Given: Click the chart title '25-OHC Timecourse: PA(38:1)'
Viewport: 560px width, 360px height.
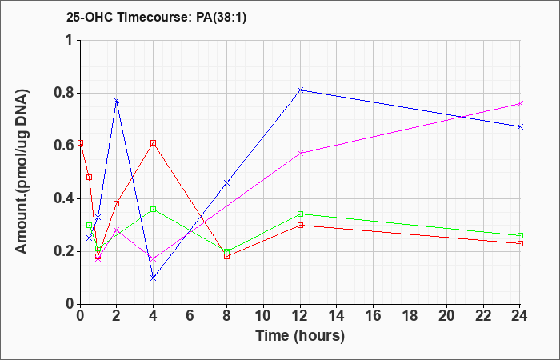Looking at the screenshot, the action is pyautogui.click(x=157, y=18).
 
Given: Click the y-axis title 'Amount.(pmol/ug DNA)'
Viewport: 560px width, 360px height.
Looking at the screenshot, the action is pyautogui.click(x=22, y=172).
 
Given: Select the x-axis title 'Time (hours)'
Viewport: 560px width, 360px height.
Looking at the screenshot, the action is pyautogui.click(x=300, y=336).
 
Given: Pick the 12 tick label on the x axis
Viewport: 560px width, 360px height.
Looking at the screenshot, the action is pyautogui.click(x=300, y=315).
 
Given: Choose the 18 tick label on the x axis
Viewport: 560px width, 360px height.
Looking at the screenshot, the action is pyautogui.click(x=410, y=315).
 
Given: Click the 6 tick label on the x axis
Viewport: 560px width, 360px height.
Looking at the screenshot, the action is pyautogui.click(x=190, y=315).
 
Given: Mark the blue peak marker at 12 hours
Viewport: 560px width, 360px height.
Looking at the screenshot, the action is pyautogui.click(x=300, y=90).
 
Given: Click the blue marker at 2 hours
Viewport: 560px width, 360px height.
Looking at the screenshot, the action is pyautogui.click(x=117, y=101).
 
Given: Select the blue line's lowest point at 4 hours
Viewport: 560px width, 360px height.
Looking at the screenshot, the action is pyautogui.click(x=154, y=278).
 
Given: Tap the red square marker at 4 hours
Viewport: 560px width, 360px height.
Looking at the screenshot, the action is pyautogui.click(x=154, y=143).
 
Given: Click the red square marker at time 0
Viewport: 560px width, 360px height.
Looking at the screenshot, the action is pyautogui.click(x=80, y=143).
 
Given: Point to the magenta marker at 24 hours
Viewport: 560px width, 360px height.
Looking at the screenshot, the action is pyautogui.click(x=520, y=103).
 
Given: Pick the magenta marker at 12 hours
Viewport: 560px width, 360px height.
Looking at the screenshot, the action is pyautogui.click(x=300, y=154).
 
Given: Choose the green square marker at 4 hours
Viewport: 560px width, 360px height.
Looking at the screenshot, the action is pyautogui.click(x=154, y=209).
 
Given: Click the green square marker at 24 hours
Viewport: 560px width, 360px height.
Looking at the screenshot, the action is pyautogui.click(x=520, y=236).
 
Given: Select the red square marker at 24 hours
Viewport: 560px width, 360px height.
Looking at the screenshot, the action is pyautogui.click(x=520, y=243).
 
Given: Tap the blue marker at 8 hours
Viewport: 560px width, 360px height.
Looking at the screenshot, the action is pyautogui.click(x=226, y=183).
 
